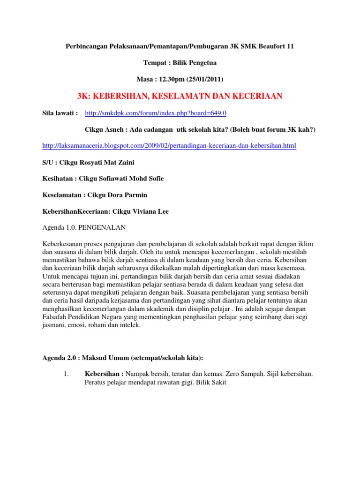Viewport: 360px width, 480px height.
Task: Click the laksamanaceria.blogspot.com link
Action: (x=169, y=146)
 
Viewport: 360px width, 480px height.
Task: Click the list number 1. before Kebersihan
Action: (x=66, y=374)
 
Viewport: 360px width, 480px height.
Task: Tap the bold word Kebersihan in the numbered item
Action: (x=102, y=374)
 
